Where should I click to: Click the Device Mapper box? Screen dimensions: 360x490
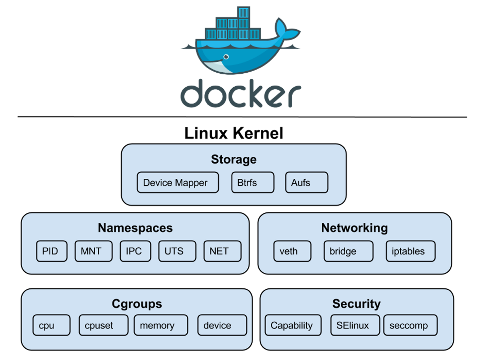coord(177,183)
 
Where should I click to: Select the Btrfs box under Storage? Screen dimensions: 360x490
coord(253,183)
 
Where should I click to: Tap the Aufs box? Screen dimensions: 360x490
coord(306,183)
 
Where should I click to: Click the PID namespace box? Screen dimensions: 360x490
coord(51,251)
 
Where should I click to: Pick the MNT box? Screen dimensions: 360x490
coord(93,251)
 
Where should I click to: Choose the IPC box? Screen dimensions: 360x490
coord(135,251)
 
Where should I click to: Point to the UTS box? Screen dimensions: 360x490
coord(177,251)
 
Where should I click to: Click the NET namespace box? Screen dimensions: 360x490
coord(222,251)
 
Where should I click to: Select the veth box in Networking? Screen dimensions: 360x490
coord(292,251)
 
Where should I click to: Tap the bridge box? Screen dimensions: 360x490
coord(348,251)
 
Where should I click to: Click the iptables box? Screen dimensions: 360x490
coord(411,251)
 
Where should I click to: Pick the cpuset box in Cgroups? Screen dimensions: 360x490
coord(103,325)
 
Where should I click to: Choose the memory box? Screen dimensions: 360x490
coord(161,325)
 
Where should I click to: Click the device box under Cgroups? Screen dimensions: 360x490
coord(222,325)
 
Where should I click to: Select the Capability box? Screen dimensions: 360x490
coord(293,325)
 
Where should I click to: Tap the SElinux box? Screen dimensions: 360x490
coord(355,325)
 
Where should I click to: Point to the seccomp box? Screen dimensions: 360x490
coord(410,325)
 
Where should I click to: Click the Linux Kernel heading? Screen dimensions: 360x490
coord(234,133)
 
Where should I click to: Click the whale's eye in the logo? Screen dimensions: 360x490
coord(226,57)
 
